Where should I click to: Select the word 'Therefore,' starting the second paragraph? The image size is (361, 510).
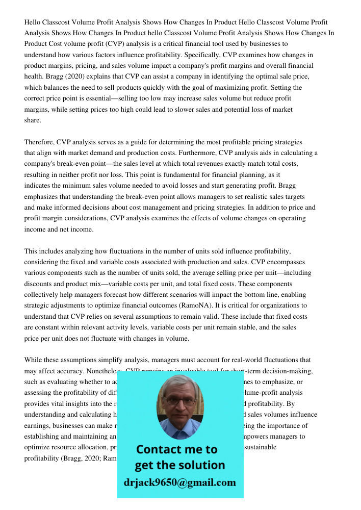click(39, 142)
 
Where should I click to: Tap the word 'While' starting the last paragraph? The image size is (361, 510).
click(34, 360)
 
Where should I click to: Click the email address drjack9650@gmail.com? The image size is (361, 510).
click(179, 482)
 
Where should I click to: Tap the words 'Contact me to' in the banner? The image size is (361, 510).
click(177, 449)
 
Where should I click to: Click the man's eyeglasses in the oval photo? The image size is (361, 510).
click(180, 401)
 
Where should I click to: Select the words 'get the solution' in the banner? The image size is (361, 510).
click(179, 465)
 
